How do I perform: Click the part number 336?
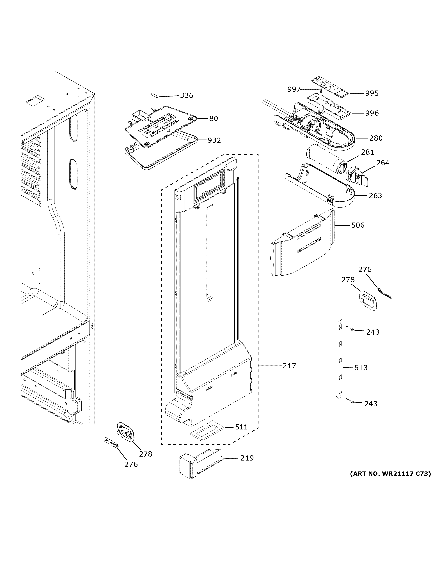pyautogui.click(x=187, y=95)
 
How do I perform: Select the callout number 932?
pyautogui.click(x=214, y=140)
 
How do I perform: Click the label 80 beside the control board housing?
pyautogui.click(x=214, y=119)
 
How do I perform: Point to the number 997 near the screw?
pyautogui.click(x=294, y=89)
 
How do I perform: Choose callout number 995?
pyautogui.click(x=372, y=93)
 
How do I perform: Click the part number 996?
pyautogui.click(x=372, y=113)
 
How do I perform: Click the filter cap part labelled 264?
pyautogui.click(x=357, y=177)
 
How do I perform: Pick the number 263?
pyautogui.click(x=375, y=195)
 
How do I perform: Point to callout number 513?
pyautogui.click(x=361, y=368)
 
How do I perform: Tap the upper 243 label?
pyautogui.click(x=373, y=332)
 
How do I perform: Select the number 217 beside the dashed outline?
pyautogui.click(x=289, y=366)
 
